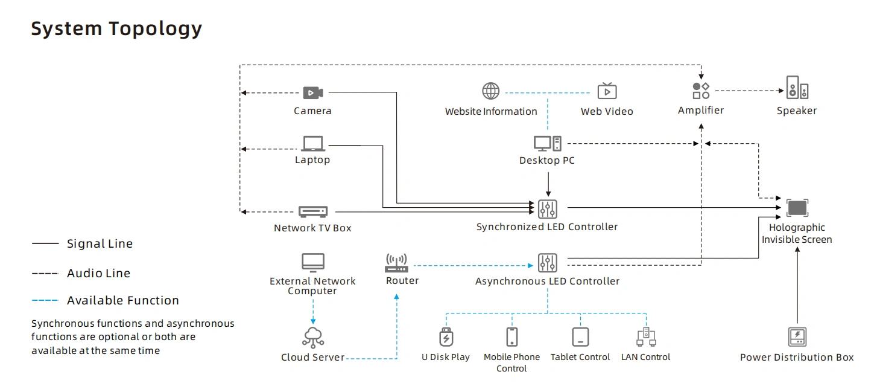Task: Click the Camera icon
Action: click(312, 92)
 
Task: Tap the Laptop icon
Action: click(312, 143)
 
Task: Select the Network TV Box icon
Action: click(313, 211)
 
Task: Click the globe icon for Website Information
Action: click(491, 91)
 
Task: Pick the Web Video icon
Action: click(607, 91)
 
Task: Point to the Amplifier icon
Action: click(701, 91)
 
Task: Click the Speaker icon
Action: click(797, 88)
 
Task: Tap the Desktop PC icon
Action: click(547, 143)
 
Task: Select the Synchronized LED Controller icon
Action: click(548, 208)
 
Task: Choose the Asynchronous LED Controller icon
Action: click(548, 263)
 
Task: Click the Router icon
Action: click(396, 263)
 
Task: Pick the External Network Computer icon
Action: click(312, 262)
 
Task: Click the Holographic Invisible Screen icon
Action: click(797, 208)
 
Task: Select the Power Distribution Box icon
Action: click(797, 336)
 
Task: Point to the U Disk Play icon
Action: click(445, 336)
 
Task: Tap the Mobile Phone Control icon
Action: click(512, 336)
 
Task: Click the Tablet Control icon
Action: click(580, 336)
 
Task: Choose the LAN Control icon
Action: click(645, 336)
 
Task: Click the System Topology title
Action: click(116, 28)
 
